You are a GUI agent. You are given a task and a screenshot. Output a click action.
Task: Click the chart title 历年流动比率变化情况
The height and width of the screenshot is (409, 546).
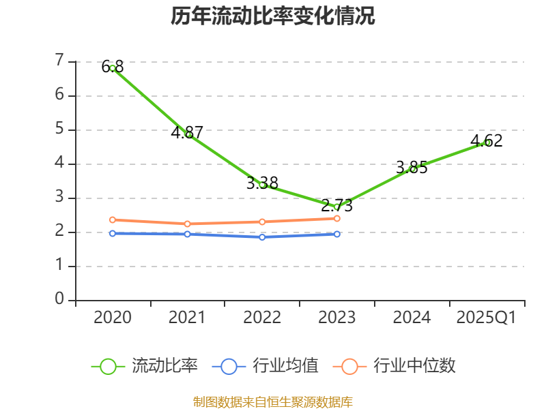(273, 16)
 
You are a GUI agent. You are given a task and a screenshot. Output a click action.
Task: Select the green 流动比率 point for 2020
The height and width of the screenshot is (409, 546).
(113, 68)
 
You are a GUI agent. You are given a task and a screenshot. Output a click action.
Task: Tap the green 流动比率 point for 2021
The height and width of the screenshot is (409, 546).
(188, 134)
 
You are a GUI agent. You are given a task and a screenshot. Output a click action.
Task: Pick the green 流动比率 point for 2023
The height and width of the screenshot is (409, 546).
(336, 207)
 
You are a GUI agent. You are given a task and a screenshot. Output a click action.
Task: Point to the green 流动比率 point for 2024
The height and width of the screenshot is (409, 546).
(412, 168)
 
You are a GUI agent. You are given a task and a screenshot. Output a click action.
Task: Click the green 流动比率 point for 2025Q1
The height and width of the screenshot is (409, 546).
(487, 142)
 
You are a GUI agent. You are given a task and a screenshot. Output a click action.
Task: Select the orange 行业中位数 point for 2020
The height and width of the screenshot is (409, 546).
(113, 219)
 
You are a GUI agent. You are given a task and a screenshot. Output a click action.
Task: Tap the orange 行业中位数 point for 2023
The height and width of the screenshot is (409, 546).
(337, 218)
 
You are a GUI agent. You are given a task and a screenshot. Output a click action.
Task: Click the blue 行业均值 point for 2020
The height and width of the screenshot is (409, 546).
(113, 233)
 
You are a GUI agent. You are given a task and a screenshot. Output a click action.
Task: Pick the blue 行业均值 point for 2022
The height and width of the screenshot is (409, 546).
(262, 237)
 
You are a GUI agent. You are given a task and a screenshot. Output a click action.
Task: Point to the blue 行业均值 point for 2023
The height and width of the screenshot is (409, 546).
(337, 234)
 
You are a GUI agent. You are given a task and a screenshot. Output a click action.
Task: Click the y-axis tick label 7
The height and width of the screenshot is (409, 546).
(60, 61)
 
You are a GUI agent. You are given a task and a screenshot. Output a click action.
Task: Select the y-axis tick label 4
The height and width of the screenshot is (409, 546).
(60, 164)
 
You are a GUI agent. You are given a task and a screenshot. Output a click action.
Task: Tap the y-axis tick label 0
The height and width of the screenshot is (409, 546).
(60, 300)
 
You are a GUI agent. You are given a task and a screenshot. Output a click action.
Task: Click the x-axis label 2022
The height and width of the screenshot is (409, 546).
(262, 318)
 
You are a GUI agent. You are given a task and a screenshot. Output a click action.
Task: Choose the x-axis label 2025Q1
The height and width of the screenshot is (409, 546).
(487, 318)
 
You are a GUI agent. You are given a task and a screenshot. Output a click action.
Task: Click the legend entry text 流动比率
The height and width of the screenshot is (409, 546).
(164, 366)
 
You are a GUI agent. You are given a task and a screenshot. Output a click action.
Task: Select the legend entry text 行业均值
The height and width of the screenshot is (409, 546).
(285, 366)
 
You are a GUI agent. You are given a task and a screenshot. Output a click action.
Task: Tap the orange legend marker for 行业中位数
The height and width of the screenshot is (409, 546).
(349, 366)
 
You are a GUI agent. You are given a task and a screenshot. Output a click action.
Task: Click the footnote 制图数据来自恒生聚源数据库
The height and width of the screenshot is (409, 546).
(273, 402)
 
